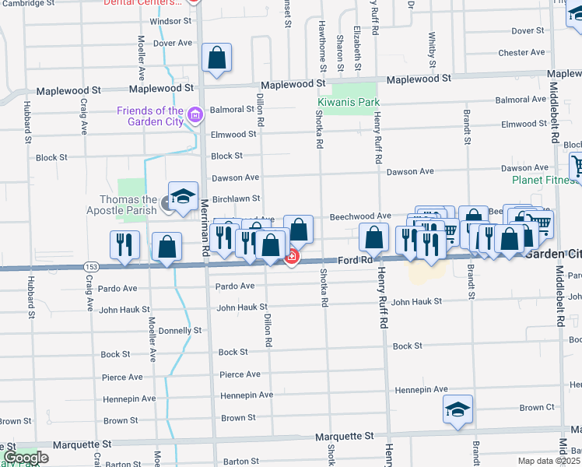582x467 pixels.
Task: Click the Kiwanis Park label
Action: (x=348, y=102)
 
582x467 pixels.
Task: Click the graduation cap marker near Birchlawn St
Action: (x=183, y=196)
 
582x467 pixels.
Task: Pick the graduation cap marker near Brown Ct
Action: (x=458, y=409)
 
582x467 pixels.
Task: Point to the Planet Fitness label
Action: (x=545, y=180)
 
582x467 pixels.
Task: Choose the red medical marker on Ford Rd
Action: (x=292, y=257)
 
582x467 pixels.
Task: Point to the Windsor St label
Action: (x=170, y=22)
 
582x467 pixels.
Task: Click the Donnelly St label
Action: (x=180, y=331)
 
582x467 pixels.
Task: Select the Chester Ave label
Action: (x=521, y=53)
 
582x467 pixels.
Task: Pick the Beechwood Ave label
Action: (x=360, y=216)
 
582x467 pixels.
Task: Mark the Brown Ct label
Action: (x=537, y=408)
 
